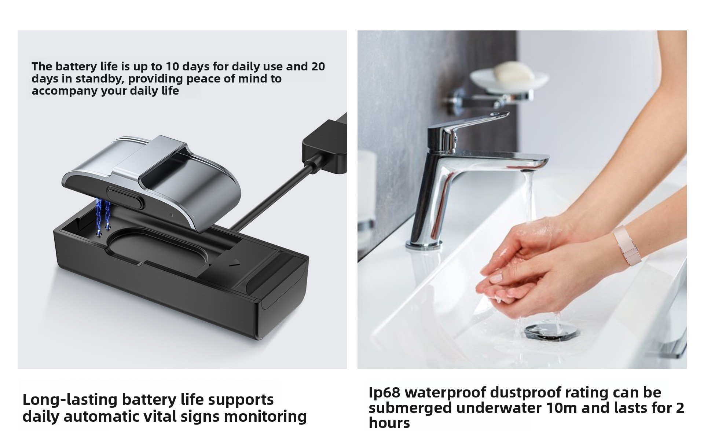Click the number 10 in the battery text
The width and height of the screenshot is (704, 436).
pyautogui.click(x=172, y=66)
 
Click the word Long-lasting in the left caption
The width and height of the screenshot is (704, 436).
pyautogui.click(x=70, y=400)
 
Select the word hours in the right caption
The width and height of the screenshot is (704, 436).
pyautogui.click(x=389, y=423)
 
